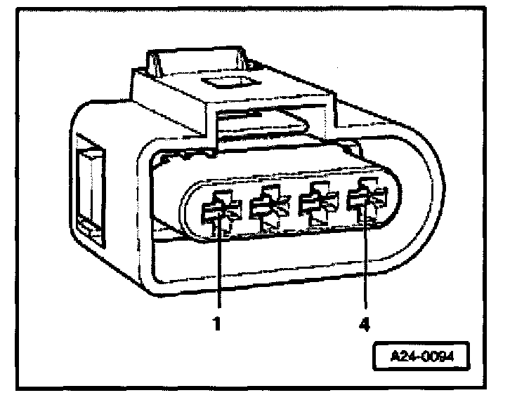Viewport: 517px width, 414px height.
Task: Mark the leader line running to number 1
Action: (219, 274)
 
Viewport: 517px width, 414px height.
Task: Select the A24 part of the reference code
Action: (403, 356)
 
